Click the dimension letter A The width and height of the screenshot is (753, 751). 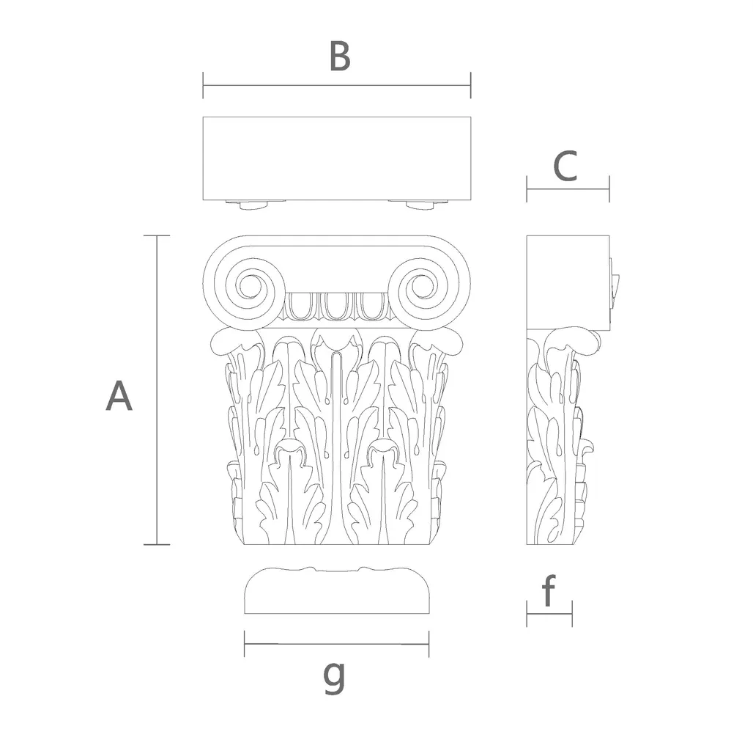[119, 395]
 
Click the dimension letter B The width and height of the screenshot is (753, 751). [340, 56]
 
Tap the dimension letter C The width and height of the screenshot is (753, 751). [565, 166]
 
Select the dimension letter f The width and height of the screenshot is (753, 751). [549, 590]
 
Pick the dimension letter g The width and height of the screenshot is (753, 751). [334, 676]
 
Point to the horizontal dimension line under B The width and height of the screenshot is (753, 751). [337, 86]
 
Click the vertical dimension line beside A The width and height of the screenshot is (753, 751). [157, 390]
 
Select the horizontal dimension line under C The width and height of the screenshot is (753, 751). [568, 188]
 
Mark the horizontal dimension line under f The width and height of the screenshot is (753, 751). [549, 614]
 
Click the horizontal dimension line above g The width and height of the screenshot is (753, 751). [336, 644]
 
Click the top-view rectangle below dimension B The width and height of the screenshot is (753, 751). [337, 158]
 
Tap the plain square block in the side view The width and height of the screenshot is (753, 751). [568, 282]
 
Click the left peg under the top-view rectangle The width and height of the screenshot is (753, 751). [253, 205]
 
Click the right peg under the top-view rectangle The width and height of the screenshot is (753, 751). [420, 205]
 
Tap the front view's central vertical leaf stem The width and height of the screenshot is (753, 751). [337, 447]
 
